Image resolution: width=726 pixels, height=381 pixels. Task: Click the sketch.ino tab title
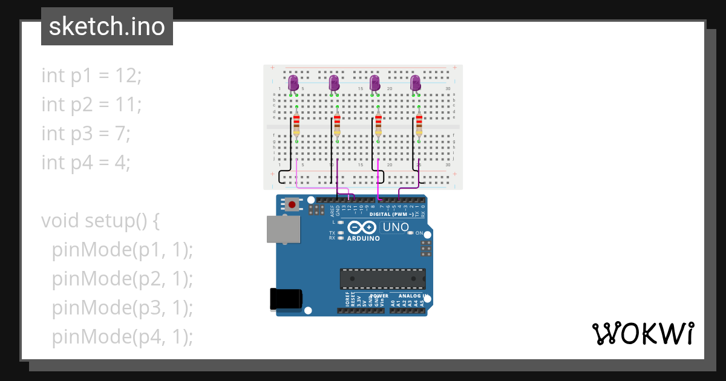point(107,27)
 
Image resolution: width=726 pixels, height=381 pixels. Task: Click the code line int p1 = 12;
point(91,76)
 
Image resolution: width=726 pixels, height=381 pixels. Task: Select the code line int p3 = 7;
point(86,134)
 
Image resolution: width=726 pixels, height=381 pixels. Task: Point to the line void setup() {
point(100,221)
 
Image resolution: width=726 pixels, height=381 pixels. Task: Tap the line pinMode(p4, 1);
point(122,337)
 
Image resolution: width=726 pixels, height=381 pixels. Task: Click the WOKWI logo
point(643,334)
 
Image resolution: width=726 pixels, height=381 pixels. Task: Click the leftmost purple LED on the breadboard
point(293,83)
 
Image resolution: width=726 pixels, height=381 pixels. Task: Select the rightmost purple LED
point(415,83)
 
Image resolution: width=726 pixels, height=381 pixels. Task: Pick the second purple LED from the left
point(333,83)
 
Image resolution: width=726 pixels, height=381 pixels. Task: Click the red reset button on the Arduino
point(293,205)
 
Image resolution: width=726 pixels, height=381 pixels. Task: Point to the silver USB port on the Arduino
point(283,229)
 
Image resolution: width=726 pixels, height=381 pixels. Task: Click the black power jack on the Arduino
point(285,299)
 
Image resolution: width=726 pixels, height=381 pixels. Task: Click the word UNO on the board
point(396,227)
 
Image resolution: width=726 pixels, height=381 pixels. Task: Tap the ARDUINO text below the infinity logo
point(363,238)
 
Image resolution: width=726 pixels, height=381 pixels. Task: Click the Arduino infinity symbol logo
point(362,227)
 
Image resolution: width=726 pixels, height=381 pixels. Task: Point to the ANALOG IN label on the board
point(413,296)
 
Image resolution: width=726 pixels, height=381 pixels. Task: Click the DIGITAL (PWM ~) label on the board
point(391,214)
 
